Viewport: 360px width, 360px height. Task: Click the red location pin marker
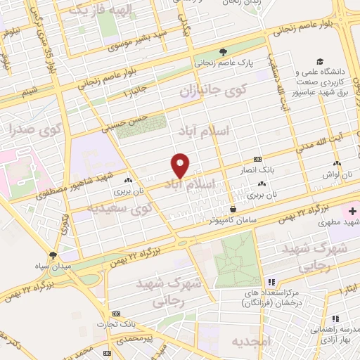[181, 165]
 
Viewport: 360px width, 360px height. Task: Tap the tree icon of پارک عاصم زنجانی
[223, 51]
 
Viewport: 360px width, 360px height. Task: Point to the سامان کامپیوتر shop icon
[233, 208]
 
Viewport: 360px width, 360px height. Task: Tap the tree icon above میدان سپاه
[53, 255]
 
